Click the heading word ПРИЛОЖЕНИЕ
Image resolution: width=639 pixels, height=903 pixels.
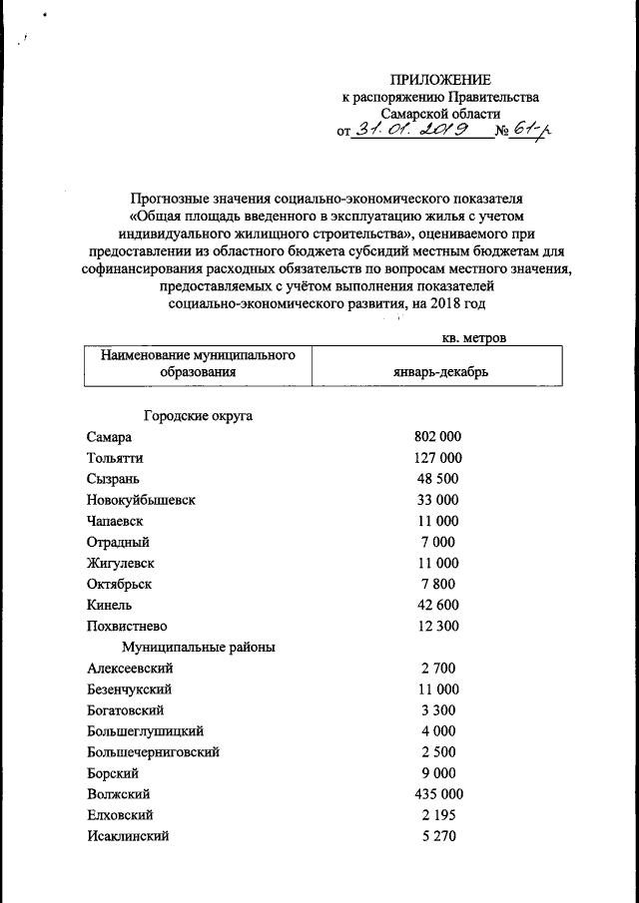440,80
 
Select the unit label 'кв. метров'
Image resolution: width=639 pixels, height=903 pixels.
473,338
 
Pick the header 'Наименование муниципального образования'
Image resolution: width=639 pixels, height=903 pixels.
196,364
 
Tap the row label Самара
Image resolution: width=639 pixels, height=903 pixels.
109,437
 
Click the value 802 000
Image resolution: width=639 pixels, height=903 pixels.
437,437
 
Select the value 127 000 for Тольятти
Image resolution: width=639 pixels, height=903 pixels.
437,458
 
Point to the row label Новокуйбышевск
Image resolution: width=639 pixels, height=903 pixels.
141,500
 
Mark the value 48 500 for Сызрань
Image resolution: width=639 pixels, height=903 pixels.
438,479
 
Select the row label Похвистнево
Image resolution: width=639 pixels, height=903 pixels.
128,626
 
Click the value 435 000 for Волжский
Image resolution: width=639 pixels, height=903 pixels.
437,794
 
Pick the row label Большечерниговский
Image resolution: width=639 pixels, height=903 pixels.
153,751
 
